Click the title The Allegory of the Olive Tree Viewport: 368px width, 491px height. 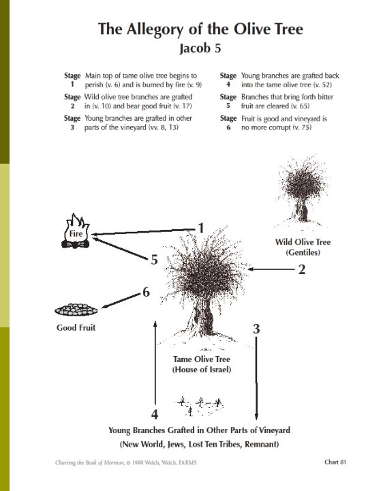(200, 29)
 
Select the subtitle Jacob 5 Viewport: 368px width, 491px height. (200, 48)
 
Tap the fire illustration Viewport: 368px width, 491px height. (76, 232)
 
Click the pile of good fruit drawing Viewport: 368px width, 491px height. (75, 310)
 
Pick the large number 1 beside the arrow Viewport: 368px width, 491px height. (201, 228)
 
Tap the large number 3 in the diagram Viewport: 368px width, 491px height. (256, 329)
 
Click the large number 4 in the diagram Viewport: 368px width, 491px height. (155, 414)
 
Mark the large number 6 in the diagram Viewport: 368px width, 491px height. (145, 292)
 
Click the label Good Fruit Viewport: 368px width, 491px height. (76, 328)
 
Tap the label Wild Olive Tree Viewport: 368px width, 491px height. (303, 242)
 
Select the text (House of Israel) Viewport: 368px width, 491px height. (202, 370)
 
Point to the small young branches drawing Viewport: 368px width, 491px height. (199, 404)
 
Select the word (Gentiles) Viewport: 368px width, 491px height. (303, 253)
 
